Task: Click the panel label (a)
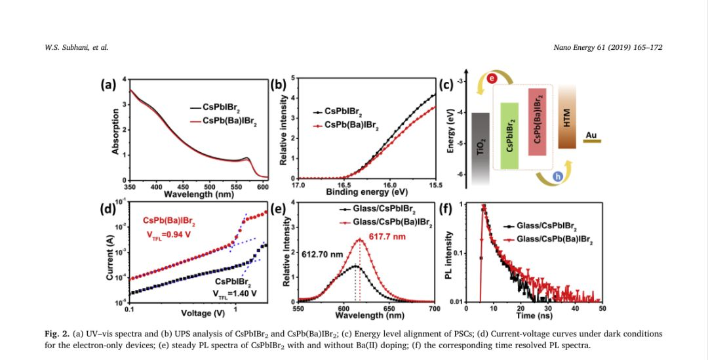(108, 84)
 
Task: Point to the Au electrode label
(591, 136)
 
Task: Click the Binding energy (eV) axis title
(366, 192)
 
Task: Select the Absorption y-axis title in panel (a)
(115, 131)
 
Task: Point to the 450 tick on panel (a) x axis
(183, 187)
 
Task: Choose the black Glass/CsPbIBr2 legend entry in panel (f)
(542, 227)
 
